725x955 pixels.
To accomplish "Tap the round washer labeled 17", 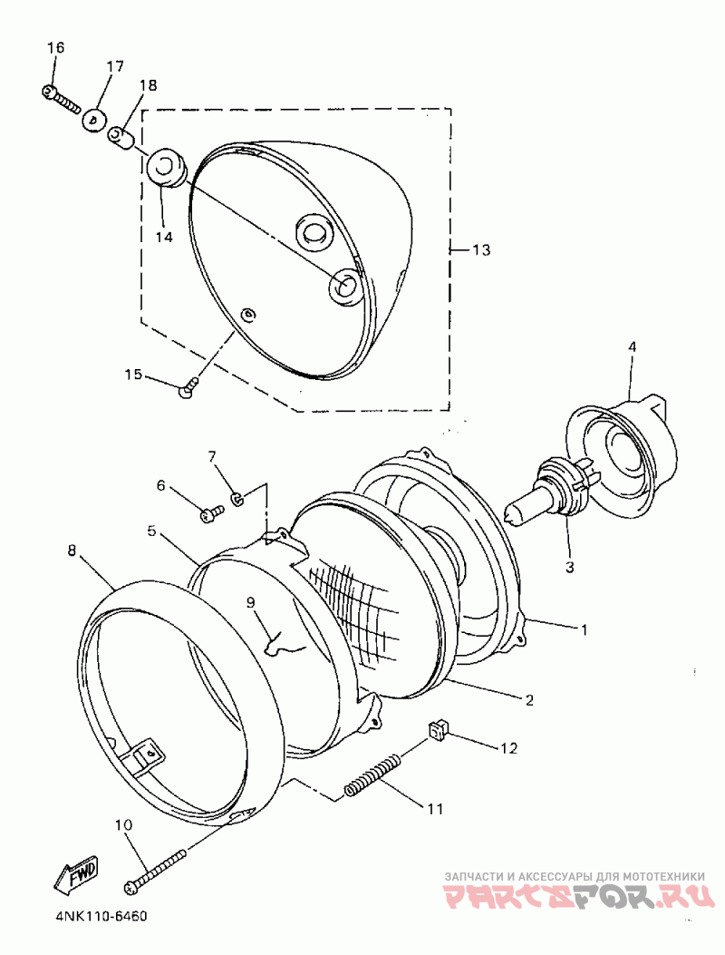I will (94, 120).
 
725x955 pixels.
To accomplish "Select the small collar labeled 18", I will (121, 137).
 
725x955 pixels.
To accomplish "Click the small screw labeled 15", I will (189, 388).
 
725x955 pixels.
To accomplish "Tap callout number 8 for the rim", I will (72, 550).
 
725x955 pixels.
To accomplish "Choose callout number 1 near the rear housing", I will (585, 629).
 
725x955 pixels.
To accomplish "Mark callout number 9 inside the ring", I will (251, 600).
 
